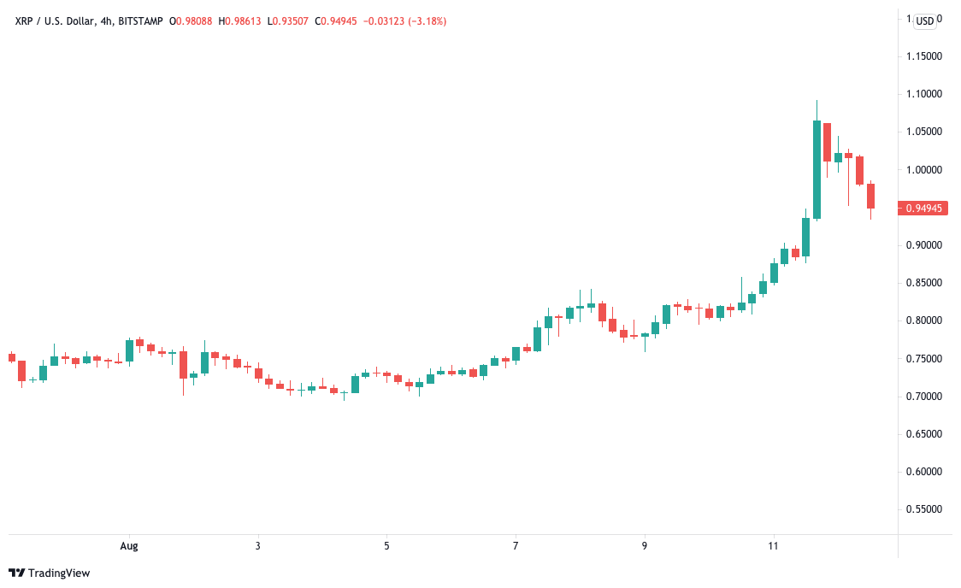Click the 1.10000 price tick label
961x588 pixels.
tap(923, 94)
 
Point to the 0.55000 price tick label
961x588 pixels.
tap(923, 509)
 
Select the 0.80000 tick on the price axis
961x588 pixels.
tap(923, 320)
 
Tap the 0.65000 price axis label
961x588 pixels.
tap(923, 434)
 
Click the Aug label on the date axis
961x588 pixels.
tap(129, 545)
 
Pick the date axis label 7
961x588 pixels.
tap(516, 545)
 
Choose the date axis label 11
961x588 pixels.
tap(774, 545)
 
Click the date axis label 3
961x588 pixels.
tap(257, 545)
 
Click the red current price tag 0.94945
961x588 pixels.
tap(923, 208)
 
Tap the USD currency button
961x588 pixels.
tap(925, 21)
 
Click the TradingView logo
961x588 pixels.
tap(49, 573)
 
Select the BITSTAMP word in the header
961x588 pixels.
tap(134, 21)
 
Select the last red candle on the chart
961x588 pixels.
tap(870, 196)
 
